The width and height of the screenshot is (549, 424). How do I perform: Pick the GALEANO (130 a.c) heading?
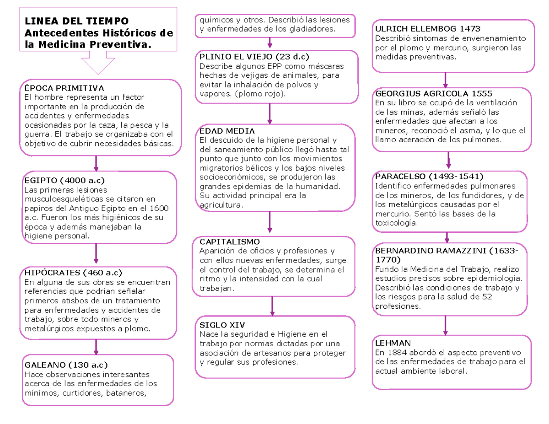(x=65, y=365)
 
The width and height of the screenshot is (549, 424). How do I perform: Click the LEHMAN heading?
(x=393, y=343)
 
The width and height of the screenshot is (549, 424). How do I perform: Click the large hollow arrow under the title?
(x=98, y=62)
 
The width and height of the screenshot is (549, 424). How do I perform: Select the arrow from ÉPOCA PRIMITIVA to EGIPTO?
(x=96, y=162)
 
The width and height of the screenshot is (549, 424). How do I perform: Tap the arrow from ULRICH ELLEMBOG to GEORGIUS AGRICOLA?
(x=447, y=79)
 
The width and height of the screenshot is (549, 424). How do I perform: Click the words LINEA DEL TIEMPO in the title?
(x=76, y=21)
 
